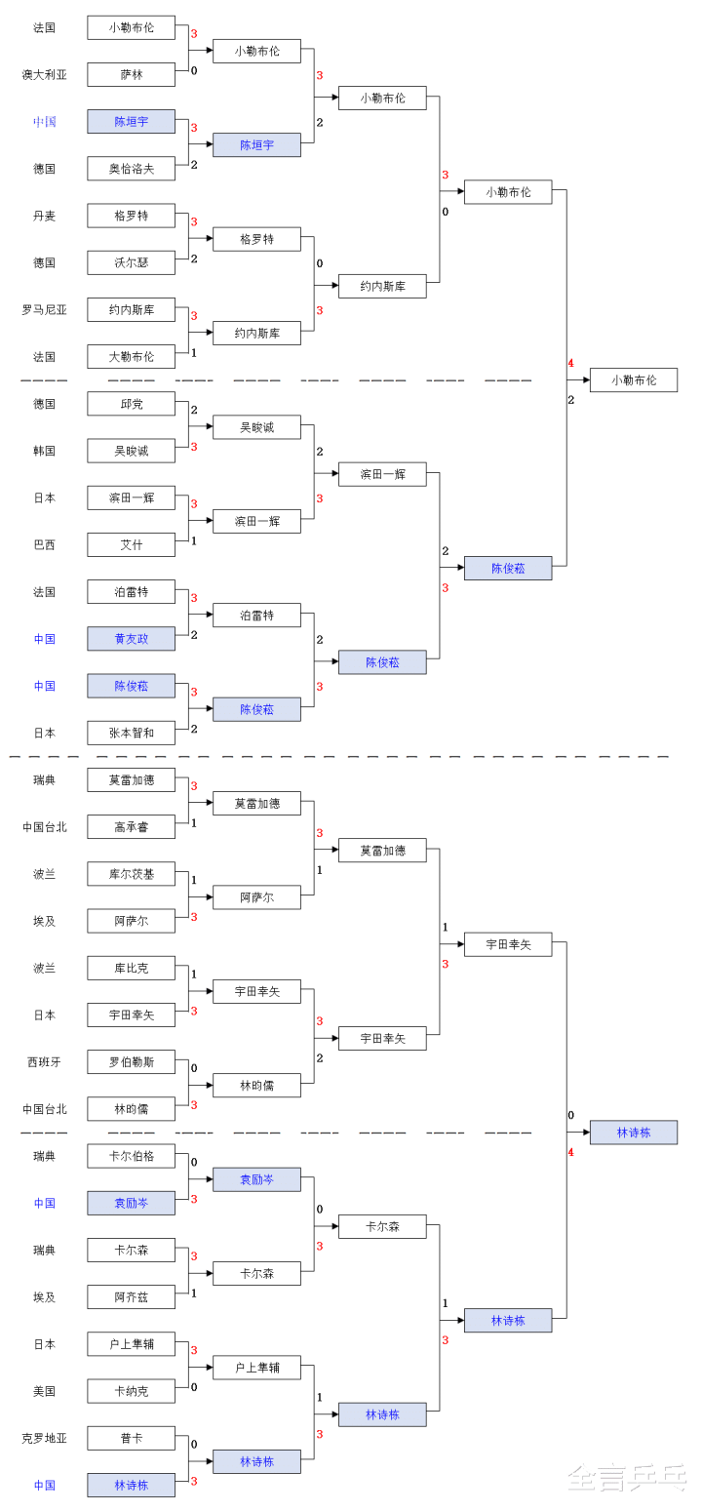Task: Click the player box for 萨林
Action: (131, 74)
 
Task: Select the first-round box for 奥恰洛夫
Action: (131, 169)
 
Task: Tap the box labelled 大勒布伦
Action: (131, 357)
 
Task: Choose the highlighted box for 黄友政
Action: (131, 639)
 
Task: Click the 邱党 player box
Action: (131, 404)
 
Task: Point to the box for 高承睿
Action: (131, 827)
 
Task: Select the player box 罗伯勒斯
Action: (131, 1062)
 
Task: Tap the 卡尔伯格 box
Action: (131, 1156)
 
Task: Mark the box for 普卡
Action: (131, 1438)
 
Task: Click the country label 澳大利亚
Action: (44, 74)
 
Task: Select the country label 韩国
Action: (44, 451)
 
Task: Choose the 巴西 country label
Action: (44, 545)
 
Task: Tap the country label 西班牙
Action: (44, 1062)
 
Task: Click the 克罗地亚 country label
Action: (44, 1438)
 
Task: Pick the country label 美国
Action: (44, 1391)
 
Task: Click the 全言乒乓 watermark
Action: (628, 1478)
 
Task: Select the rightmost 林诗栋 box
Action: (633, 1133)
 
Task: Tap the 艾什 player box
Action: (131, 545)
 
